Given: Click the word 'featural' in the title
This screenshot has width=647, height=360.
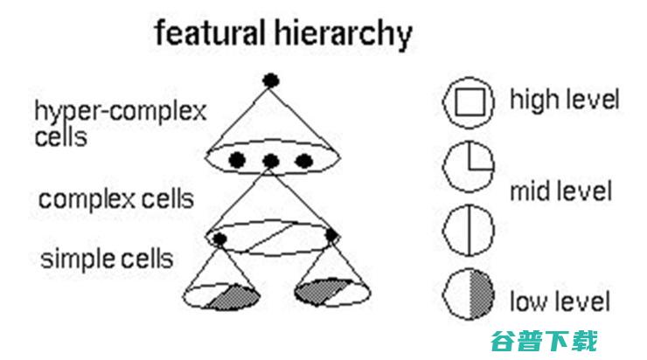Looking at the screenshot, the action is point(210,32).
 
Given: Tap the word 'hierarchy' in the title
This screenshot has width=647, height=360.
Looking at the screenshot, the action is point(344,35).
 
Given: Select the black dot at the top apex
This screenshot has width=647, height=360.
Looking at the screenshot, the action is point(271,80).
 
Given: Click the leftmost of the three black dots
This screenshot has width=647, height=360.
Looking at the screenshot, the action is point(237,160).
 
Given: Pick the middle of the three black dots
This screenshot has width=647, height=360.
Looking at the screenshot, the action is point(271,161).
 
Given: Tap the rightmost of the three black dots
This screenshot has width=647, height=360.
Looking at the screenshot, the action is point(304,161).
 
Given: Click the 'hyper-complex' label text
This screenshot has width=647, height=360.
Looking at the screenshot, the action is point(121,112).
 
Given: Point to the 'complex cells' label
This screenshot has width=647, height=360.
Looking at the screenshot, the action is point(116,199).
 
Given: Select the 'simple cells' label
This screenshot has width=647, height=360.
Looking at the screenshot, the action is point(107,259).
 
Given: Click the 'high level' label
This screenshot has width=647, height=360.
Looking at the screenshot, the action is point(565,100).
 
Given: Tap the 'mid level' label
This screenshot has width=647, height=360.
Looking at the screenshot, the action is point(560,191).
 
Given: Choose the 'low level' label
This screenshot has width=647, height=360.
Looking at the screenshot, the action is point(560,301).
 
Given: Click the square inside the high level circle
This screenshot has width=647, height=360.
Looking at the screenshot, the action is point(470,102).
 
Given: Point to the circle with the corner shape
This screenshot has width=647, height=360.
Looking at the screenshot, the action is point(469,167).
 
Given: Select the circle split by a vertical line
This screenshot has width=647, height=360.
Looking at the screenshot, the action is point(469,230).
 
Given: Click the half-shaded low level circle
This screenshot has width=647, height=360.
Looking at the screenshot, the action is point(469,294).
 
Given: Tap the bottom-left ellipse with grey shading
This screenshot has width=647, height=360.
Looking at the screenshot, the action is point(221,296).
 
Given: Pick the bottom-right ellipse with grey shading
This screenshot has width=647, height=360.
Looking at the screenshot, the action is point(332,292).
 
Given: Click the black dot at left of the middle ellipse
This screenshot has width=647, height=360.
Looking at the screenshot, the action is point(219,239).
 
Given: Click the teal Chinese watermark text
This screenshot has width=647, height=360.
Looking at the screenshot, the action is point(544,341).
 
